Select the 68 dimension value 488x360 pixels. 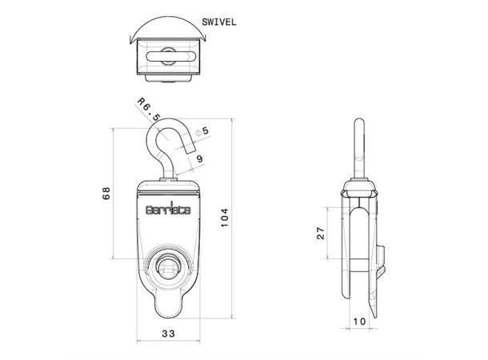pyautogui.click(x=106, y=194)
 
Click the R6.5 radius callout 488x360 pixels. pyautogui.click(x=147, y=113)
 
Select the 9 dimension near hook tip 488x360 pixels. pyautogui.click(x=198, y=159)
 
